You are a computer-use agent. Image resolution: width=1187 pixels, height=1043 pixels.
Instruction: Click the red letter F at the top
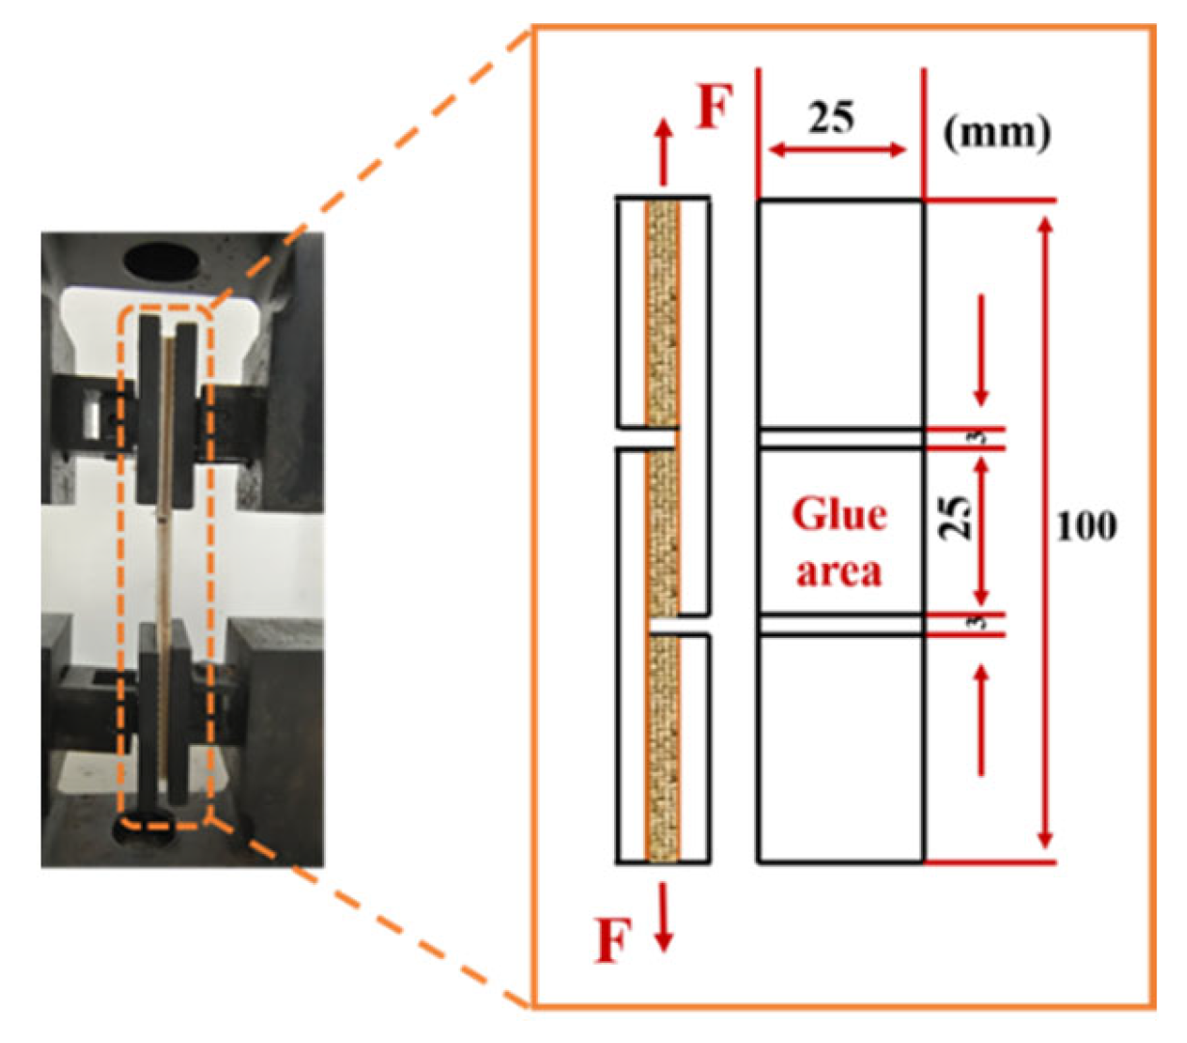pyautogui.click(x=715, y=108)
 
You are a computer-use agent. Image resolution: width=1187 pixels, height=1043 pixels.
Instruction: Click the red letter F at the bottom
pyautogui.click(x=613, y=939)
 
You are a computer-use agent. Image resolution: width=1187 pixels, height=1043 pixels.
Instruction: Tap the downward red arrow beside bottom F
pyautogui.click(x=662, y=917)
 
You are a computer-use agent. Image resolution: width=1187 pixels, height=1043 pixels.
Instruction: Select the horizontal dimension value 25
pyautogui.click(x=831, y=119)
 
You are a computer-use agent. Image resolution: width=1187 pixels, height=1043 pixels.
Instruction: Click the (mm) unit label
pyautogui.click(x=997, y=131)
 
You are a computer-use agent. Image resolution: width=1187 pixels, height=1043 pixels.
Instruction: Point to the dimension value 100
pyautogui.click(x=1087, y=526)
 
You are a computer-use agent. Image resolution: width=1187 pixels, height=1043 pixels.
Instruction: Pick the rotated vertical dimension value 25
pyautogui.click(x=955, y=518)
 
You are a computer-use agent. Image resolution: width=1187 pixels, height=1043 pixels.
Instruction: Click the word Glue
pyautogui.click(x=838, y=515)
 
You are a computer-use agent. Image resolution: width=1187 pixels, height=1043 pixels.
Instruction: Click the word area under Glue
pyautogui.click(x=838, y=571)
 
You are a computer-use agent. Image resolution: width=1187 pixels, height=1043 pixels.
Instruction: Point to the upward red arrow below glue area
pyautogui.click(x=982, y=719)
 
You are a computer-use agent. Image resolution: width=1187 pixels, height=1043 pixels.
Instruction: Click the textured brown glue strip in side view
pyautogui.click(x=662, y=530)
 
